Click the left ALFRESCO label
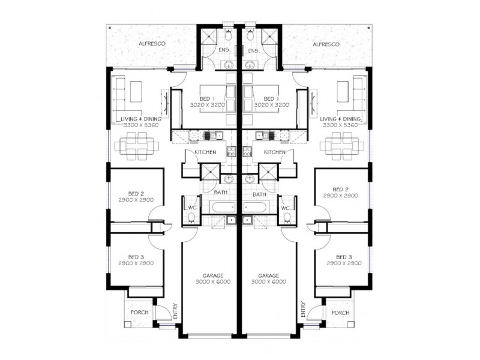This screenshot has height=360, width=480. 152,44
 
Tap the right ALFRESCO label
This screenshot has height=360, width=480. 326,44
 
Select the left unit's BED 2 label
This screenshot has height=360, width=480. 136,194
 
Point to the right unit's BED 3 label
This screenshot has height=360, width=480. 344,257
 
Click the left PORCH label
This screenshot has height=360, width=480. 139,313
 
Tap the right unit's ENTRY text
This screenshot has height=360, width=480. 303,309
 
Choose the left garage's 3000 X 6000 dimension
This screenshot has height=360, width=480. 213,282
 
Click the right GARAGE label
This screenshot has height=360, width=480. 269,275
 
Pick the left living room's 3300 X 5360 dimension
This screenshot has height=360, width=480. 141,125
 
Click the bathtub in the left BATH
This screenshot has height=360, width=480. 222,208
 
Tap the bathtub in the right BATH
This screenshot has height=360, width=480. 256,208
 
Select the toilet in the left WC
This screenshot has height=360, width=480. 191,218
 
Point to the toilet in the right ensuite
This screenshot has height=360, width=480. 250,35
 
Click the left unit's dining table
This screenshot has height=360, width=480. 137,146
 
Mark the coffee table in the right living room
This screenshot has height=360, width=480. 343,91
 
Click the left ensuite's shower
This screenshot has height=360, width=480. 209,36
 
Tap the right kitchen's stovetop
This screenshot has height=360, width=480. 247,152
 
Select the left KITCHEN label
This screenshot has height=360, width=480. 205,152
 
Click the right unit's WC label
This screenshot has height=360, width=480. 286,208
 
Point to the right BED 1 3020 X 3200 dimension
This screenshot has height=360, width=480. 272,104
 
